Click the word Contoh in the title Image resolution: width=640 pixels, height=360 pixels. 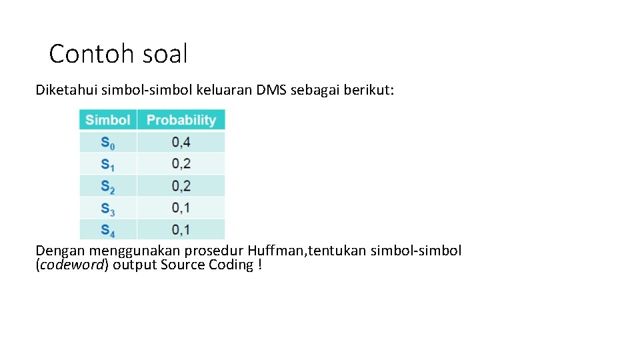(x=85, y=54)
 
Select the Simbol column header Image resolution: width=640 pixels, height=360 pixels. (x=107, y=120)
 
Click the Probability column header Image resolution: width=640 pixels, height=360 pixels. (x=181, y=120)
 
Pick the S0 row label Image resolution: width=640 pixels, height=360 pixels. (x=107, y=142)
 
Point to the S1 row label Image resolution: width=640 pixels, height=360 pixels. (x=107, y=164)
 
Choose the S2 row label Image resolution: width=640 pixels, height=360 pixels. (x=107, y=186)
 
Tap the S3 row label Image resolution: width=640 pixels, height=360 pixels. (x=107, y=208)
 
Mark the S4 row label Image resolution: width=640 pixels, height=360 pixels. (x=107, y=230)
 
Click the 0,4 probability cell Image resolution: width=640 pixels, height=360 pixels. (x=181, y=142)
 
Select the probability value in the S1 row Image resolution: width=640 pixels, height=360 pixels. (x=181, y=164)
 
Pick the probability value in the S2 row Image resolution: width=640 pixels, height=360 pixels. (x=181, y=186)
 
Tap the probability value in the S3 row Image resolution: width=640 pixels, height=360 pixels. (x=181, y=208)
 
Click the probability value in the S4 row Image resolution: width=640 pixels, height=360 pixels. (x=181, y=230)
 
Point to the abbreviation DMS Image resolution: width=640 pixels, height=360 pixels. (x=271, y=90)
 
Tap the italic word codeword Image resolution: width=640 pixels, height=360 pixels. (x=73, y=265)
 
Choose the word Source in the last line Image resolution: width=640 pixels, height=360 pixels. (x=183, y=265)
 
